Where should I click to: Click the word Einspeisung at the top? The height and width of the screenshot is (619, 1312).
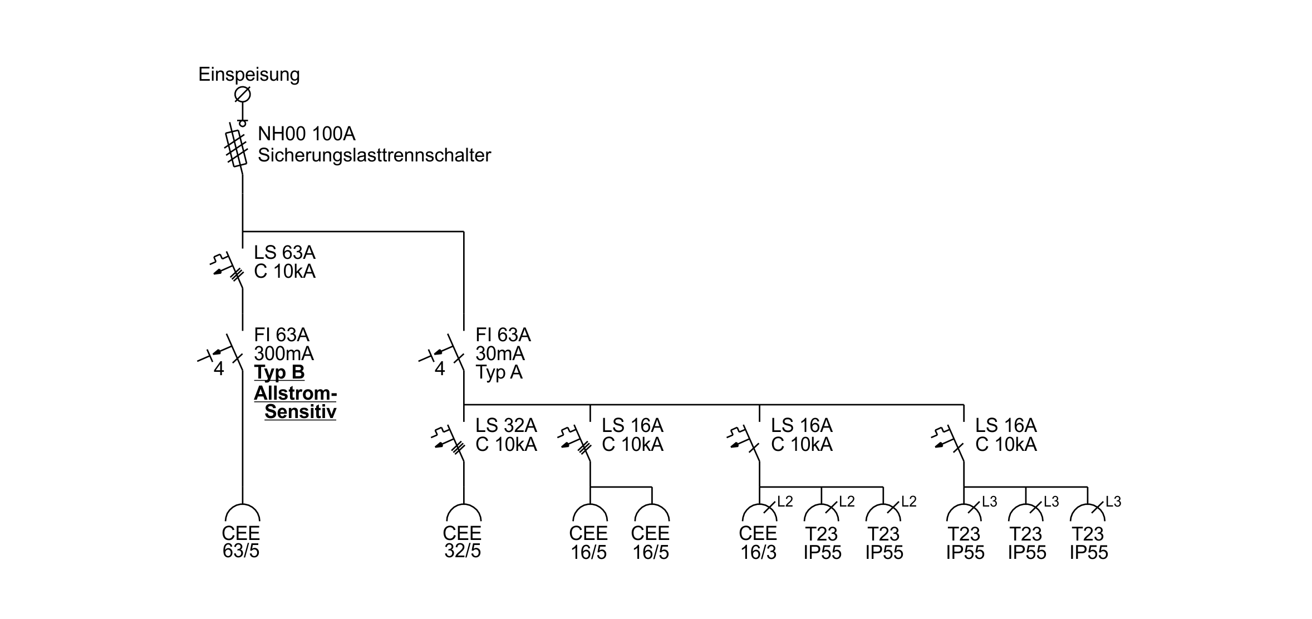pos(249,75)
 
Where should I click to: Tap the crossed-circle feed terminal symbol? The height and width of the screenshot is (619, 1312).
pos(242,95)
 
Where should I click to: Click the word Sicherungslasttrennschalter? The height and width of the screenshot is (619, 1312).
pos(374,155)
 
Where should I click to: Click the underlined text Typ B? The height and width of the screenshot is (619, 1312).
pos(279,372)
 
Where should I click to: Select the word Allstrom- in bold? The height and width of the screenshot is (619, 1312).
pos(296,394)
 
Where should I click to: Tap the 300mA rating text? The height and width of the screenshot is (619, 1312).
pos(284,353)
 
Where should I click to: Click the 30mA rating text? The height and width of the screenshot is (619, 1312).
pos(500,353)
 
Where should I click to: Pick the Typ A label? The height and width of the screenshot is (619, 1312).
pos(499,372)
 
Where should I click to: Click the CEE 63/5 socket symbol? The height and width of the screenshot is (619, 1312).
pos(243,513)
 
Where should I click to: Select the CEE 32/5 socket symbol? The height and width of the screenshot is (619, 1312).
pos(464,513)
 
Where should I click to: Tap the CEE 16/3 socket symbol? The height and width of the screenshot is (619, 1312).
pos(759,513)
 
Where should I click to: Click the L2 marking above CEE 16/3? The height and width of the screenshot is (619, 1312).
pos(785,502)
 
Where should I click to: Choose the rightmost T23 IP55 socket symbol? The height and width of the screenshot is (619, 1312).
pos(1088,513)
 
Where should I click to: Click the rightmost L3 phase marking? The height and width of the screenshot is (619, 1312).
pos(1113,502)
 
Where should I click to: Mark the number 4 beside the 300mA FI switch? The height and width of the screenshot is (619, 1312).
pos(219,369)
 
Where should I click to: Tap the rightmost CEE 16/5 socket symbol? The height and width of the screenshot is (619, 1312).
pos(652,513)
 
